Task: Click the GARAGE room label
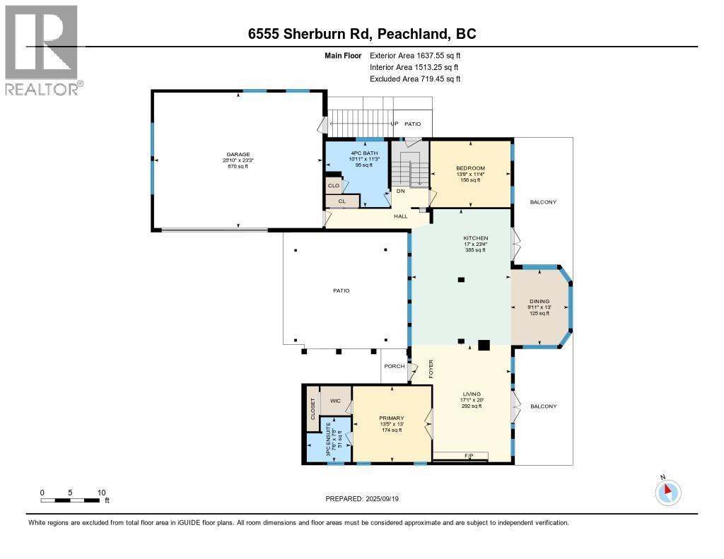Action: [x=238, y=155]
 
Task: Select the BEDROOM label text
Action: [x=470, y=167]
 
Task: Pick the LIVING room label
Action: [x=472, y=394]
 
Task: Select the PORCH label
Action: [x=394, y=366]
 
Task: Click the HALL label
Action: [x=401, y=216]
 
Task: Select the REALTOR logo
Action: [x=42, y=49]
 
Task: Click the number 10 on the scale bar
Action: [x=102, y=492]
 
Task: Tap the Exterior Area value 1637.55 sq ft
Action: [x=434, y=55]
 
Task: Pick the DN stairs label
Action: [x=399, y=191]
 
